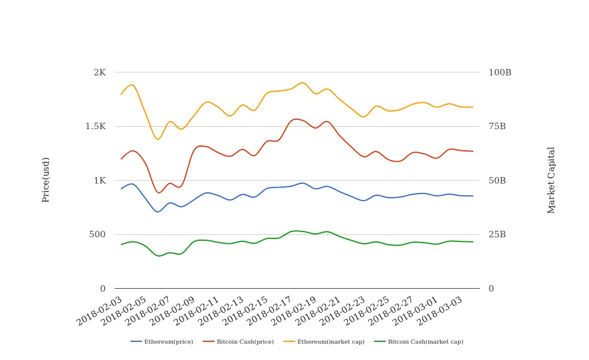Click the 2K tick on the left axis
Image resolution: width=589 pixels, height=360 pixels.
(99, 72)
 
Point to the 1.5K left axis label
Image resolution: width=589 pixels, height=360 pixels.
(95, 126)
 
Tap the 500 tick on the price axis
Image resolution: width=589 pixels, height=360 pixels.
(97, 234)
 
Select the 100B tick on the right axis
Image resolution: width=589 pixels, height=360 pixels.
(500, 72)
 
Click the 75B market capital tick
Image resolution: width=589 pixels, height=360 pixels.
(497, 126)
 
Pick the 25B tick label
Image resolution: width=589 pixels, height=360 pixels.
(497, 234)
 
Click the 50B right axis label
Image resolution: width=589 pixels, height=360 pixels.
(497, 181)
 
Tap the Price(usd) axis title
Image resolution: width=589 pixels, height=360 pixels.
(46, 179)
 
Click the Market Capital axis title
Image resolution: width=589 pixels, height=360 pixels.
(551, 180)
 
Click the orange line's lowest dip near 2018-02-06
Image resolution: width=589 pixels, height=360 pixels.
(158, 139)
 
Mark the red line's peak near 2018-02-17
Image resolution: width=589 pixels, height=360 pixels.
(296, 119)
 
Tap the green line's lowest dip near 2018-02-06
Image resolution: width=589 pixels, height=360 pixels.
(158, 256)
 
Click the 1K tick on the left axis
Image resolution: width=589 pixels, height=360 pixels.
(99, 181)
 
